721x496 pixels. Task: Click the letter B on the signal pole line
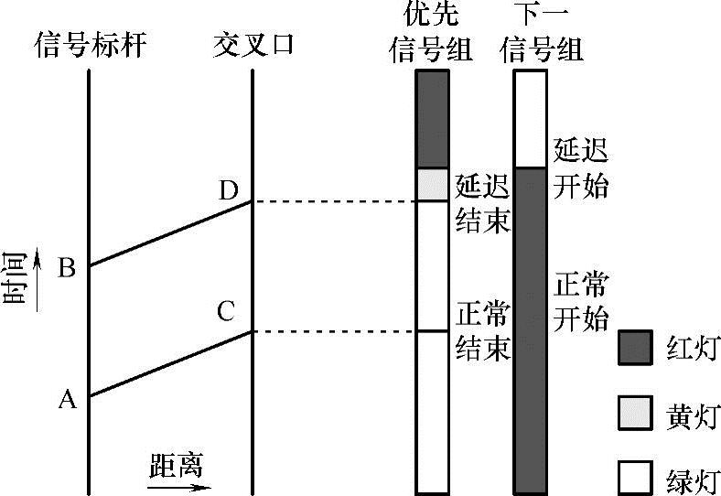tap(67, 268)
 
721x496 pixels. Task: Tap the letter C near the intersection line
tap(226, 311)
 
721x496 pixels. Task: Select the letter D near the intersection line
tap(229, 190)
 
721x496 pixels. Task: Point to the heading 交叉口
tap(253, 43)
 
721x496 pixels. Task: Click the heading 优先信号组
tap(433, 31)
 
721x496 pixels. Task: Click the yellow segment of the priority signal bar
tap(433, 185)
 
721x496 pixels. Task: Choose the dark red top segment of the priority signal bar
tap(433, 119)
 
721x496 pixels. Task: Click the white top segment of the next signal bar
tap(530, 119)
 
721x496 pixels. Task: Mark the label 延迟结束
tap(482, 204)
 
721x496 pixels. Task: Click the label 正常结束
tap(482, 332)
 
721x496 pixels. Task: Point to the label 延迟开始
tap(581, 168)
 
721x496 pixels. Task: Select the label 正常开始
tap(581, 301)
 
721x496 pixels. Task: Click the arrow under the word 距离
tap(175, 485)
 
